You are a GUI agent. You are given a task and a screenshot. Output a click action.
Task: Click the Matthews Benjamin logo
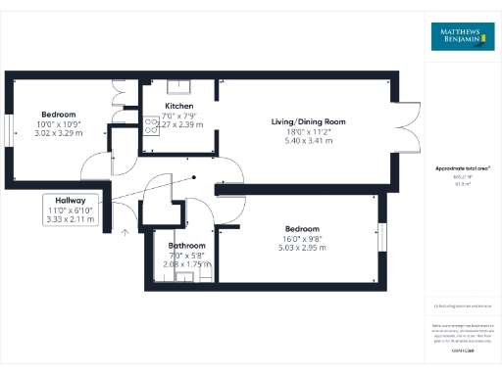coord(462,36)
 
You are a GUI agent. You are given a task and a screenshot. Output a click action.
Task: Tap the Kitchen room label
coord(179,106)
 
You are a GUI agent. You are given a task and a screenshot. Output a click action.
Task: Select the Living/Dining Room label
coord(309,121)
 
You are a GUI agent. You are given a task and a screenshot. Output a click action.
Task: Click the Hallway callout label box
coord(71,210)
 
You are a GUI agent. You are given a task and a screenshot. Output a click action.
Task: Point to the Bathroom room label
coord(186,246)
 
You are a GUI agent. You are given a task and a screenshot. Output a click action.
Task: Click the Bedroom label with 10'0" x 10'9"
coord(57,114)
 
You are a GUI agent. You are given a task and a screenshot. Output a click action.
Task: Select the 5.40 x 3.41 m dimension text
coord(309,142)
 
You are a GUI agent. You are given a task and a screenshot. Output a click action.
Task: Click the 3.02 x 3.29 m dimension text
coord(57,133)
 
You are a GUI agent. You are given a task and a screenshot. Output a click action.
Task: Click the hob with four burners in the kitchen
coord(152,124)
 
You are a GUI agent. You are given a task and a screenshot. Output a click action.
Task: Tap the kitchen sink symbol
coord(180,84)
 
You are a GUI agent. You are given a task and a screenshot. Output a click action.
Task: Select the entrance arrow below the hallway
coord(124,231)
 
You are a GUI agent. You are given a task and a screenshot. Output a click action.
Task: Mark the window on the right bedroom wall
coord(382,236)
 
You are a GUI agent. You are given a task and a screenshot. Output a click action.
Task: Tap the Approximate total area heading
coord(461,168)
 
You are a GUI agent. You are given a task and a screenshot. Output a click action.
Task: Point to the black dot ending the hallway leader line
coord(195,177)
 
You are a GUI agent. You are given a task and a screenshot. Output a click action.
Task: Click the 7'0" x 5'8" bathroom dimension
coord(186,255)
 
